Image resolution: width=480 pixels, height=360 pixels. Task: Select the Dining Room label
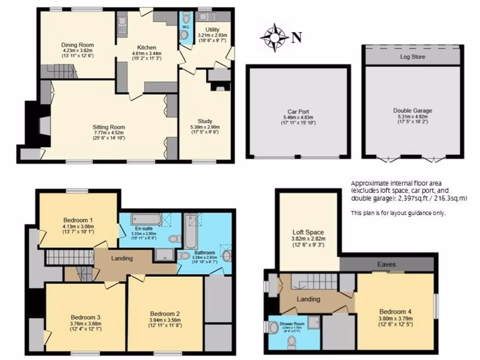(77, 45)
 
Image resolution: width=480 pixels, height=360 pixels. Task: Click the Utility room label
(212, 29)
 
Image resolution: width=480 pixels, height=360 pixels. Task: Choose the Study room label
(205, 121)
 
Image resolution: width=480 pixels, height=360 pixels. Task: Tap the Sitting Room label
(108, 127)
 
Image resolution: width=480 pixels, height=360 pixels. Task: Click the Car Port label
(298, 112)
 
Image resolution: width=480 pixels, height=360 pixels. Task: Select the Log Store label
(412, 57)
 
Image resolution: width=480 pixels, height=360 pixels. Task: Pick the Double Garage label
(412, 111)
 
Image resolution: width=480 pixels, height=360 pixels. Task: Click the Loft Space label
(308, 232)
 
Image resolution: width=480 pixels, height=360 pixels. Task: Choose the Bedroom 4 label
(393, 311)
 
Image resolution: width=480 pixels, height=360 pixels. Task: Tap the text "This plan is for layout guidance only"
(398, 213)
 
